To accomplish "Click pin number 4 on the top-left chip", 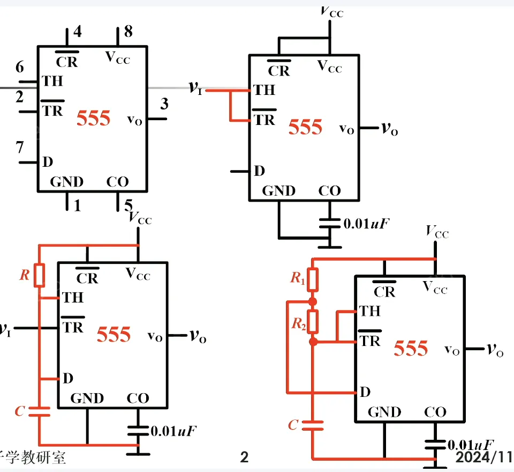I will pyautogui.click(x=78, y=32).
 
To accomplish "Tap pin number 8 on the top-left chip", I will pyautogui.click(x=128, y=32).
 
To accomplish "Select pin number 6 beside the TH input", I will pyautogui.click(x=20, y=68).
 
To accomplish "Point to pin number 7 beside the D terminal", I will pyautogui.click(x=20, y=147).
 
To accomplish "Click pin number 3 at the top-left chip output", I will pyautogui.click(x=164, y=104).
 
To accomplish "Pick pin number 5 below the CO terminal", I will pyautogui.click(x=128, y=205).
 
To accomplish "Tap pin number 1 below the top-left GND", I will pyautogui.click(x=78, y=205).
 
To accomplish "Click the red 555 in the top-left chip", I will pyautogui.click(x=93, y=118).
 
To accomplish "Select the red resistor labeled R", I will pyautogui.click(x=39, y=276).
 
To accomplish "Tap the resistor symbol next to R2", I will pyautogui.click(x=313, y=321).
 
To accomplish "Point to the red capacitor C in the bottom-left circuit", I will pyautogui.click(x=39, y=411).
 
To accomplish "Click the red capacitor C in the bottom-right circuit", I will pyautogui.click(x=313, y=426).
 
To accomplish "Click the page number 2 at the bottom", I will pyautogui.click(x=244, y=458).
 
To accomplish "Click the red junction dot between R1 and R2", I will pyautogui.click(x=313, y=301).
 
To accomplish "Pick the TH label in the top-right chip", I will pyautogui.click(x=264, y=90).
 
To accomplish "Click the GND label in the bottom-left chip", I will pyautogui.click(x=87, y=398).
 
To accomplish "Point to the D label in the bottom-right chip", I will pyautogui.click(x=365, y=392).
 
